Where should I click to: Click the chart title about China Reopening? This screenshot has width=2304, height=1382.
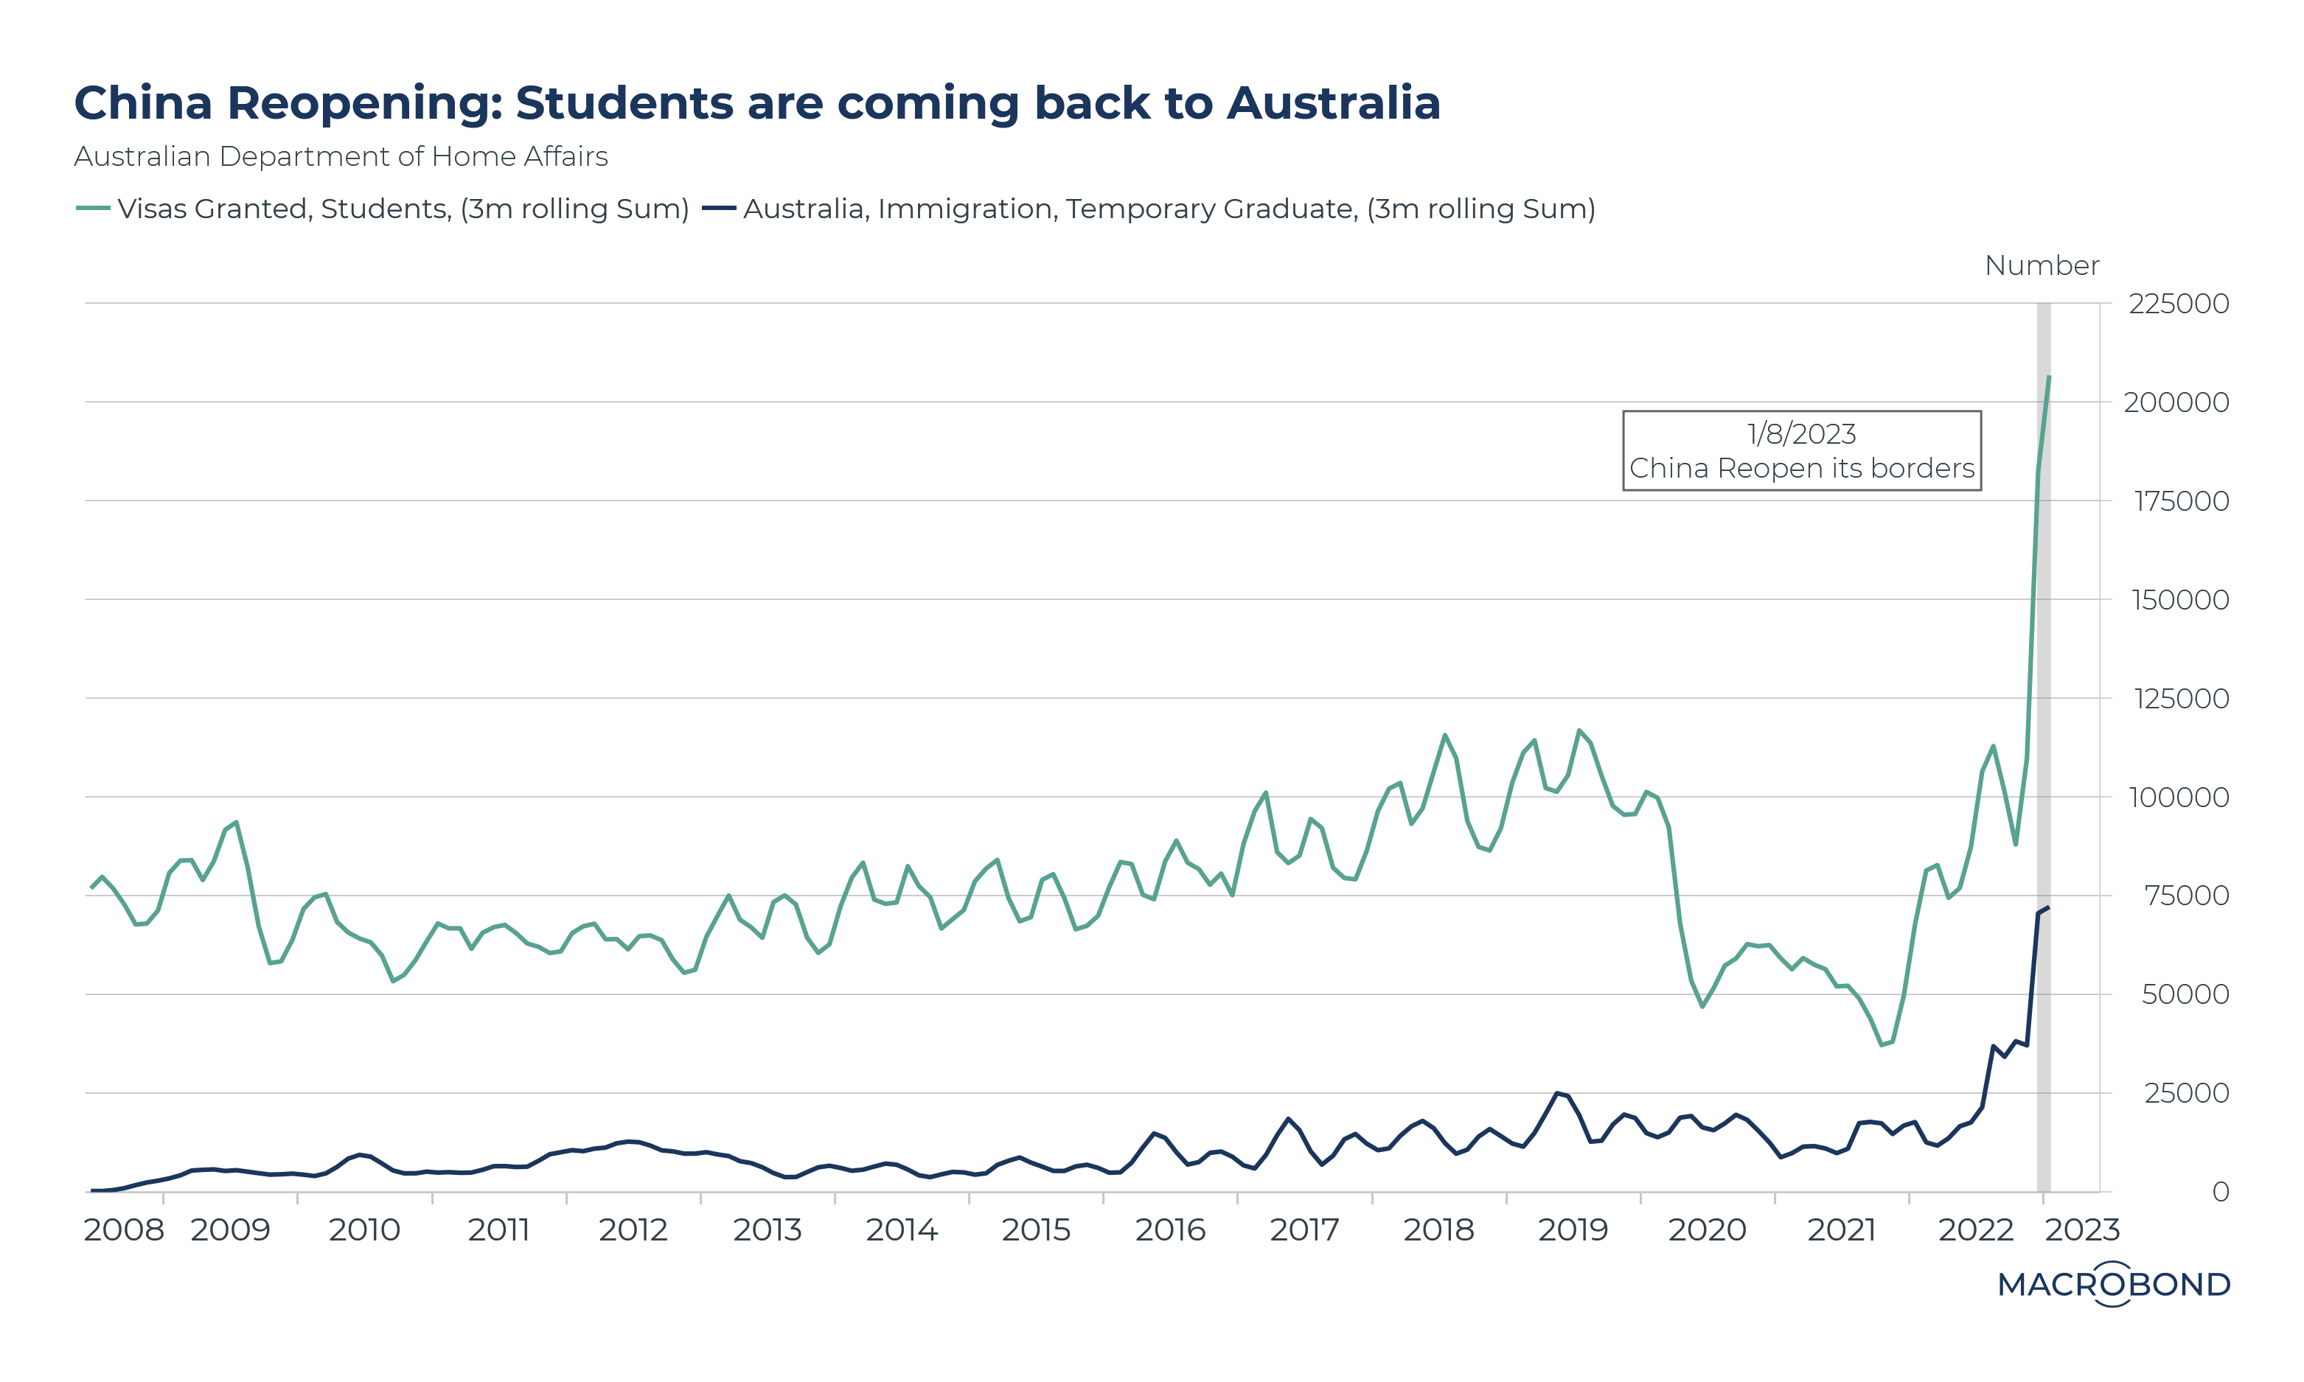[756, 102]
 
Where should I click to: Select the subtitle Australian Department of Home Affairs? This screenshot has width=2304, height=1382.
[341, 156]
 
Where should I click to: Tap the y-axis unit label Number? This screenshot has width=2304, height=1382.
[2042, 265]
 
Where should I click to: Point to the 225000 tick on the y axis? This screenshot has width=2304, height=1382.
[2178, 304]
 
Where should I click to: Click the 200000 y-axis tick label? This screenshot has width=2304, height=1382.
[2176, 402]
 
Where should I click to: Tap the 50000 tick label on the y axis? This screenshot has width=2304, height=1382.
[2185, 994]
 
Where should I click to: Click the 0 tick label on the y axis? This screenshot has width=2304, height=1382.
[2220, 1192]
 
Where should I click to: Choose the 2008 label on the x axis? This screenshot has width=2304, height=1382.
[123, 1230]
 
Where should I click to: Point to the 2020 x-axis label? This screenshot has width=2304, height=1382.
[1706, 1230]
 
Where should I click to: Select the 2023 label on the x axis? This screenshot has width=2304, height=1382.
[2081, 1230]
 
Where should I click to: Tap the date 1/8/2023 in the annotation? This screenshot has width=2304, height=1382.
[1801, 434]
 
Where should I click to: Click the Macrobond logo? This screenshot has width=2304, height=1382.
[2113, 1284]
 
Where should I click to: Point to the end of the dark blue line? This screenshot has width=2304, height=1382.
[2048, 907]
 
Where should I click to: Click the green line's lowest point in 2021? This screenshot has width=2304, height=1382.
[1882, 1045]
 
